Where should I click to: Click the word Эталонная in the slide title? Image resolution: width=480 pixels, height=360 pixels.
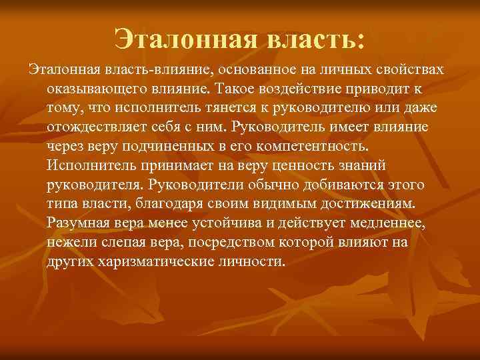click(185, 38)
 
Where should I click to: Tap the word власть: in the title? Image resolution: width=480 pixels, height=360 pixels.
click(315, 38)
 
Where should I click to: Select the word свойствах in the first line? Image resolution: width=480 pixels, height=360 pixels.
click(413, 70)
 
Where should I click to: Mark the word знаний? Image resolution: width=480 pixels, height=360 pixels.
click(357, 165)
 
